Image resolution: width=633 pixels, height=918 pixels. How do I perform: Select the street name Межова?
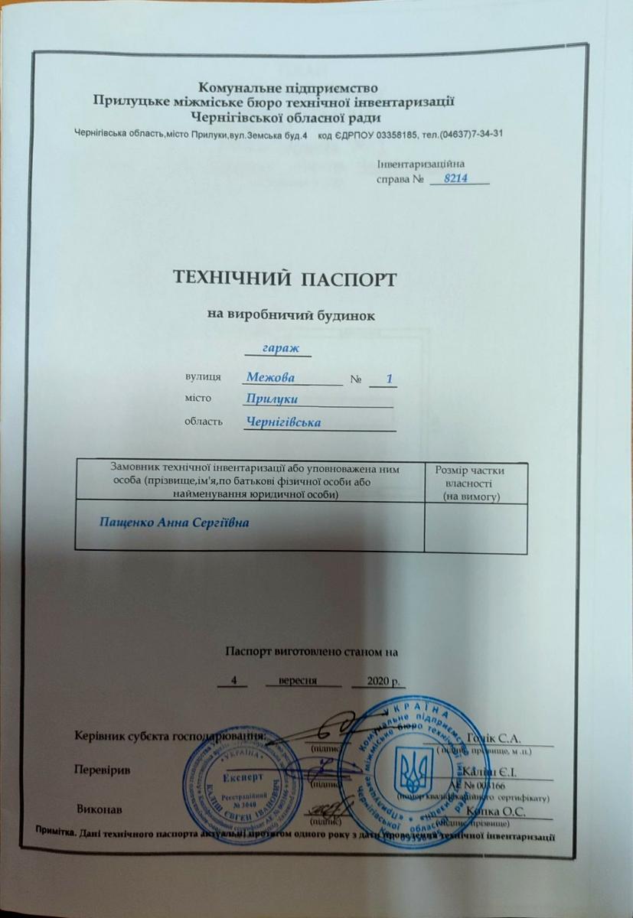click(270, 378)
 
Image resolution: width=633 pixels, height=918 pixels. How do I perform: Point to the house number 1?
click(390, 379)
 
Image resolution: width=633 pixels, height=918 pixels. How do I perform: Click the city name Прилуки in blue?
click(272, 399)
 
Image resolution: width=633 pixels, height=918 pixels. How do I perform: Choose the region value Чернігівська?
click(284, 422)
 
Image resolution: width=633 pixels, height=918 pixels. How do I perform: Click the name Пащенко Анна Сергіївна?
click(175, 522)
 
